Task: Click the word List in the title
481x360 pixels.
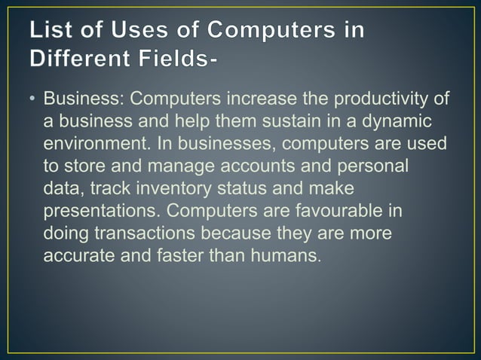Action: tap(51, 32)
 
